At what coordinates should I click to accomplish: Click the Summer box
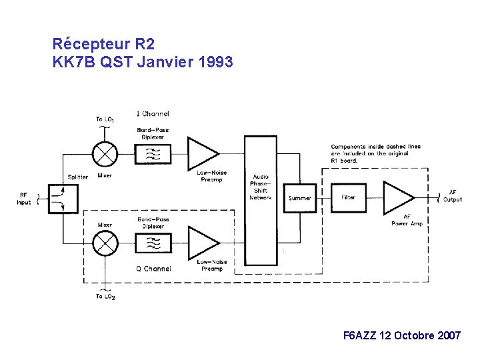click(x=300, y=198)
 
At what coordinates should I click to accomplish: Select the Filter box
click(x=349, y=197)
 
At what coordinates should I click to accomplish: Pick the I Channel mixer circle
click(x=105, y=154)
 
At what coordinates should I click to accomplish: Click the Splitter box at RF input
click(x=58, y=199)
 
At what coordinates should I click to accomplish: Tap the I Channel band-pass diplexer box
click(x=153, y=155)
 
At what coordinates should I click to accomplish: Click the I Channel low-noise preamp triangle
click(x=201, y=154)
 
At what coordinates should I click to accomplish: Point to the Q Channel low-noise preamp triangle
click(x=201, y=244)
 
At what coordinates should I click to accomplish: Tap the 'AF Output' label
click(x=453, y=196)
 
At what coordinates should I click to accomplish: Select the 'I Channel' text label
click(x=153, y=114)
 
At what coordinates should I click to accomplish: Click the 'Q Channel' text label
click(x=153, y=269)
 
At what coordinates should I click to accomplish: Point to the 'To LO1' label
click(x=105, y=119)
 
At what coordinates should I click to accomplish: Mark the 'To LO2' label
click(x=105, y=297)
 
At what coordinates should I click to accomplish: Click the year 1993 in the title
click(x=215, y=63)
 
